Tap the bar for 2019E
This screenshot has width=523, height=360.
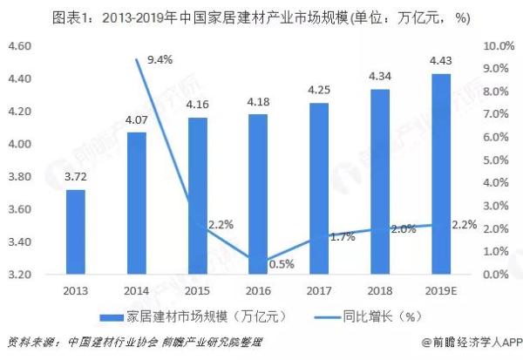pyautogui.click(x=441, y=174)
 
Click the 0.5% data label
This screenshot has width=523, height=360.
pyautogui.click(x=278, y=265)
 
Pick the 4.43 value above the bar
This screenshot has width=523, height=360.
pyautogui.click(x=441, y=59)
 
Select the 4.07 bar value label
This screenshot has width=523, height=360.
pyautogui.click(x=137, y=119)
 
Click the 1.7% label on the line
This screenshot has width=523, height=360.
pyautogui.click(x=343, y=236)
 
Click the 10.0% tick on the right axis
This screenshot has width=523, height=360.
pyautogui.click(x=496, y=45)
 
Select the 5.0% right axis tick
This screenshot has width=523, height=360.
pyautogui.click(x=498, y=160)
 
